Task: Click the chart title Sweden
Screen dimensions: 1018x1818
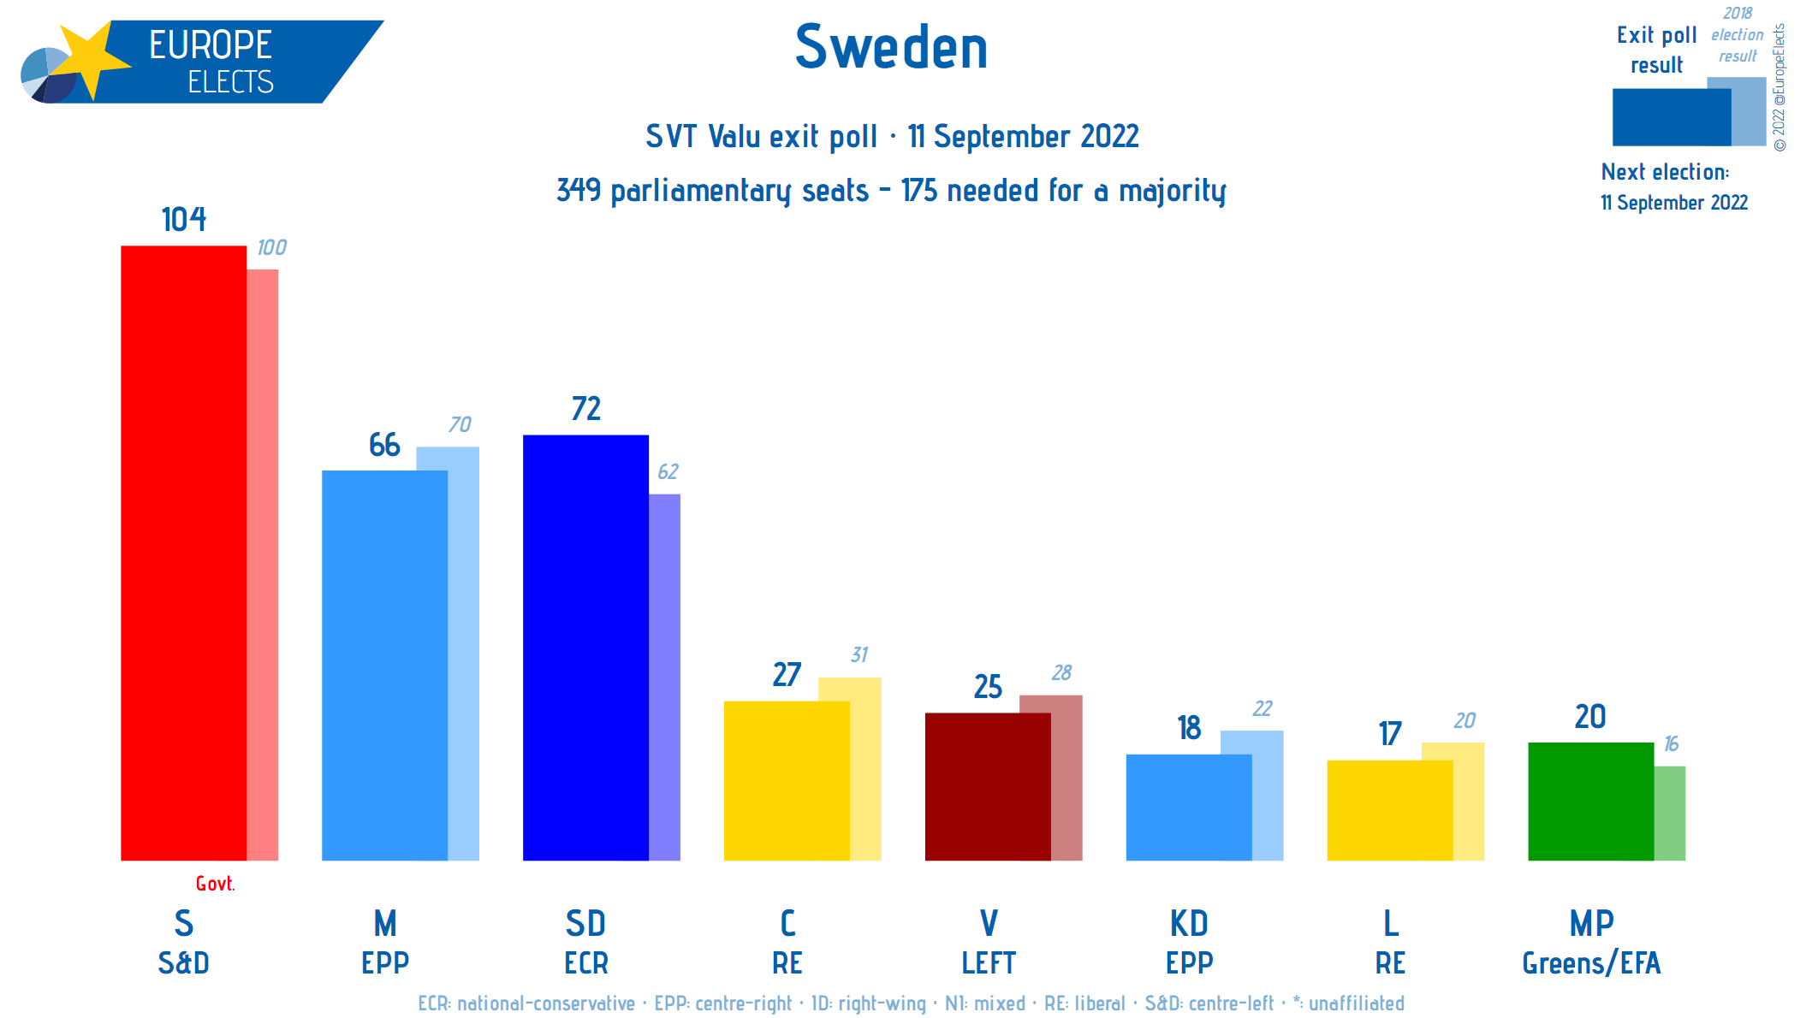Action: click(891, 47)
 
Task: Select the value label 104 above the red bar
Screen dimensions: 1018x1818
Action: click(183, 220)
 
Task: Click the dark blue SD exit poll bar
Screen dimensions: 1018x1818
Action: click(585, 647)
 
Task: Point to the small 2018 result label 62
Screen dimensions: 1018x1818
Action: click(668, 472)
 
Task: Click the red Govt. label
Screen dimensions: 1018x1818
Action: click(215, 884)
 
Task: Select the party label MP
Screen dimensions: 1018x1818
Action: click(1591, 924)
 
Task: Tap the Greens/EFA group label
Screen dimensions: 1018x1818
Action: click(1591, 964)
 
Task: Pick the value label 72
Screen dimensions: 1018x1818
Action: click(586, 409)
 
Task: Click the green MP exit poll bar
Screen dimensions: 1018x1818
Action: click(1590, 801)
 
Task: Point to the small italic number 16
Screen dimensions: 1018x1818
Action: click(1671, 744)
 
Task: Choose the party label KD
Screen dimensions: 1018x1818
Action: click(1189, 924)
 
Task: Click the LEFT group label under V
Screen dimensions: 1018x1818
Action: click(988, 964)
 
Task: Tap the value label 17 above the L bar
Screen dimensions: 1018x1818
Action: click(1389, 734)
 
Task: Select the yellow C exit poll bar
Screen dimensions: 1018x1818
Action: click(787, 780)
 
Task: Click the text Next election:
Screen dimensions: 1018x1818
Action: click(1665, 172)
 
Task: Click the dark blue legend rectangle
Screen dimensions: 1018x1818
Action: click(1671, 117)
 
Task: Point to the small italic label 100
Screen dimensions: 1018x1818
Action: click(271, 248)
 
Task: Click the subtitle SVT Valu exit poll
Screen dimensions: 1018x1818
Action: click(761, 137)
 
